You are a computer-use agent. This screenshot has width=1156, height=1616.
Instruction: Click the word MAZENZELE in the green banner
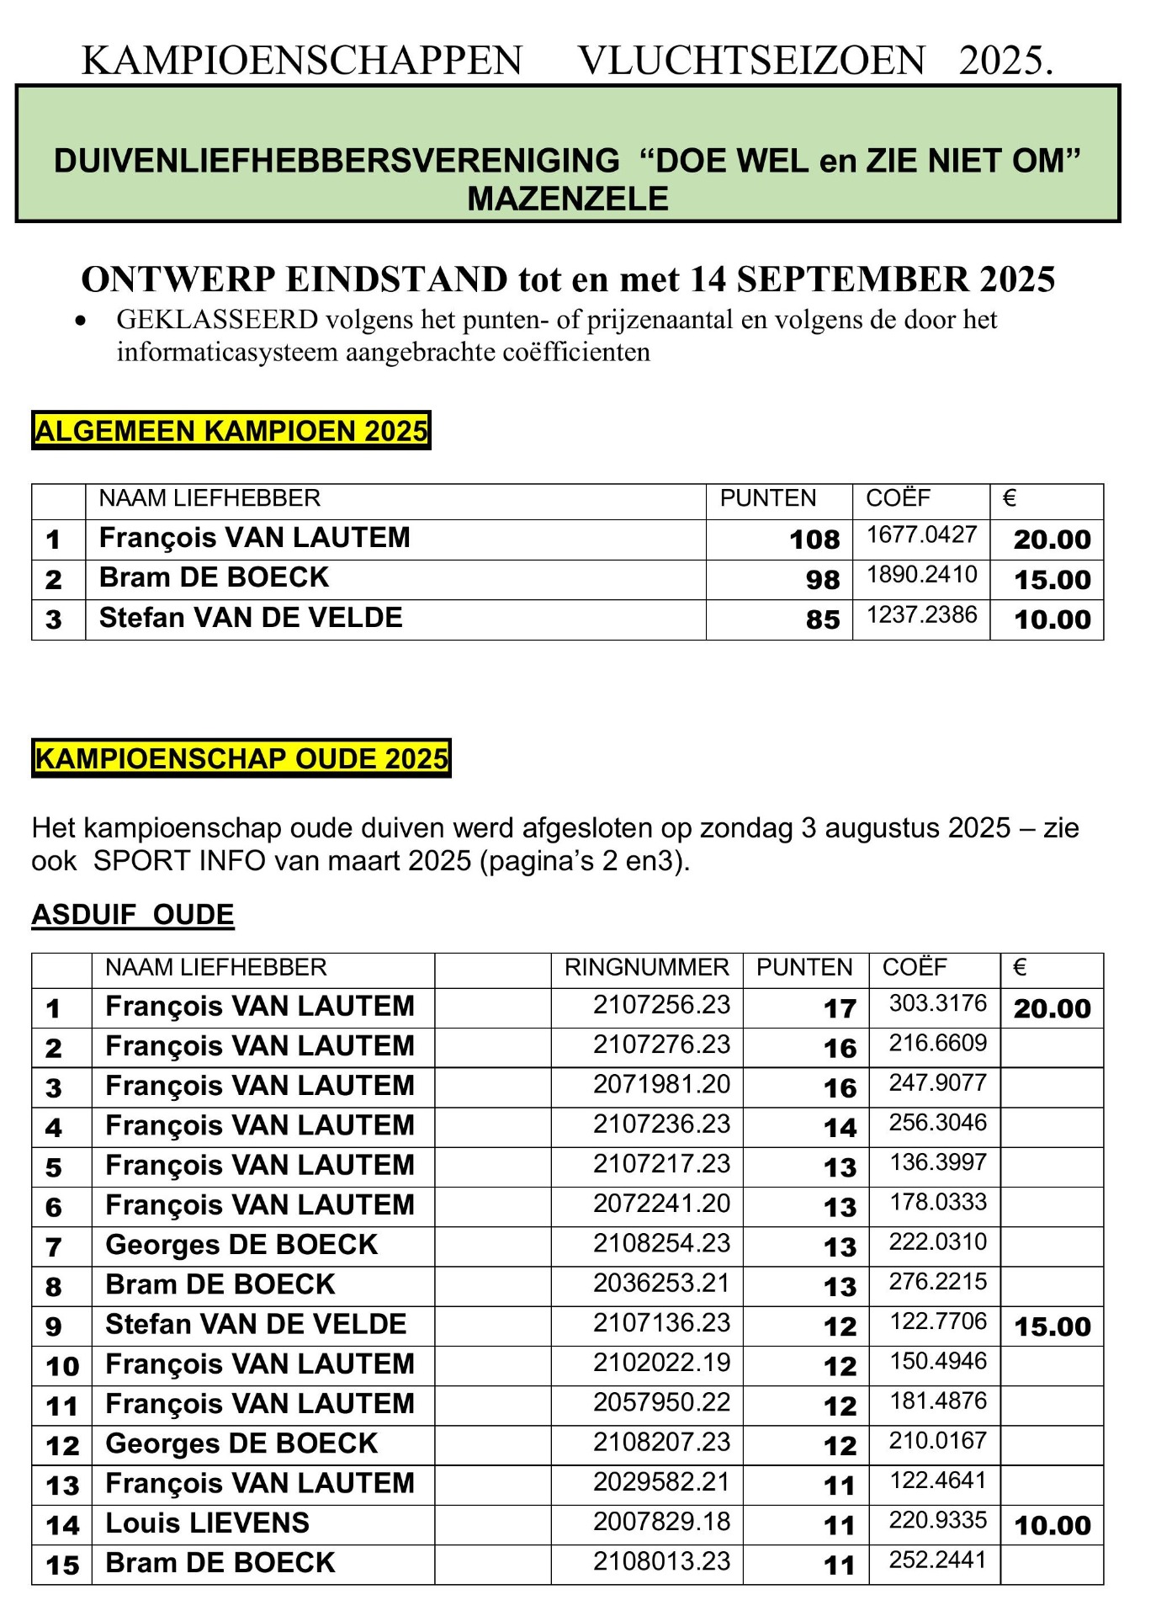[x=568, y=199]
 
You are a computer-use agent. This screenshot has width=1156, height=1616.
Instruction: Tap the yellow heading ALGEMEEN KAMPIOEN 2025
[x=231, y=431]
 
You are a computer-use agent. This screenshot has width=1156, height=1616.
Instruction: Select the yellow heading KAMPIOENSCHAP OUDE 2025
[x=241, y=758]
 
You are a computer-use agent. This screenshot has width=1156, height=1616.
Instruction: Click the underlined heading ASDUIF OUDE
[x=133, y=915]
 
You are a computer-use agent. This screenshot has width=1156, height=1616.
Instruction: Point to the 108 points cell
[x=814, y=540]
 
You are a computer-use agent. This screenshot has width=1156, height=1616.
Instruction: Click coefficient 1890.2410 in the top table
[x=921, y=575]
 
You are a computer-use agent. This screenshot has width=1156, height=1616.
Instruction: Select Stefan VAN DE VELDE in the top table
[x=251, y=618]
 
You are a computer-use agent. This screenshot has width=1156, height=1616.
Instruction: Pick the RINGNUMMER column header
[x=646, y=968]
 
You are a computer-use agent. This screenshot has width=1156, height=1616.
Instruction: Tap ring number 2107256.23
[x=661, y=1005]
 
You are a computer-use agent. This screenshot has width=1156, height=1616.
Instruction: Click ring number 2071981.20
[x=661, y=1084]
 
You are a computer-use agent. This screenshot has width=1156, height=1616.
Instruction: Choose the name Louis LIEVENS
[x=208, y=1523]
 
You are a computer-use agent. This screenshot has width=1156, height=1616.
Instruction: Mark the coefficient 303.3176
[x=937, y=1003]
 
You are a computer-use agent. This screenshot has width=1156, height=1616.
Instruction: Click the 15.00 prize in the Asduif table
[x=1052, y=1327]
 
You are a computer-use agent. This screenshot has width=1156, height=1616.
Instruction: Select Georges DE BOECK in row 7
[x=241, y=1245]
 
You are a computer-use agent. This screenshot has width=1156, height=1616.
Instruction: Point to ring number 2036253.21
[x=661, y=1284]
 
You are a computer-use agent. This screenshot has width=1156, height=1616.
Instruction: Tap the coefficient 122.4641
[x=937, y=1480]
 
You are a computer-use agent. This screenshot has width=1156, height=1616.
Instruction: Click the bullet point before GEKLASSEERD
[x=81, y=321]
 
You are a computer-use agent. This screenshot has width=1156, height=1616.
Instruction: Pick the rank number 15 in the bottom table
[x=62, y=1565]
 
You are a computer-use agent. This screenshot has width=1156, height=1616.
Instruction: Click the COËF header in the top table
[x=898, y=498]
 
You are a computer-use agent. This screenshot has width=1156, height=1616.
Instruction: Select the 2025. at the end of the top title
[x=1005, y=61]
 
